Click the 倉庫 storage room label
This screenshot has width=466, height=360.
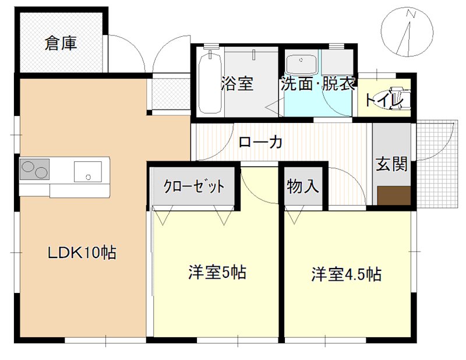61,44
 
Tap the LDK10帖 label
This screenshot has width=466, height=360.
82,253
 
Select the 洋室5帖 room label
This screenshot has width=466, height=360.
216,272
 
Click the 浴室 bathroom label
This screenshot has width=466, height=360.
237,83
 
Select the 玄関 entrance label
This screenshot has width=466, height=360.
391,164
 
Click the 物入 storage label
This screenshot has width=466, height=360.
303,187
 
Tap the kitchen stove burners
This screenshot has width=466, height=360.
34,170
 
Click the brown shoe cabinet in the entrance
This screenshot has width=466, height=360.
394,195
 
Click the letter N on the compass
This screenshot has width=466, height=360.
411,13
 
